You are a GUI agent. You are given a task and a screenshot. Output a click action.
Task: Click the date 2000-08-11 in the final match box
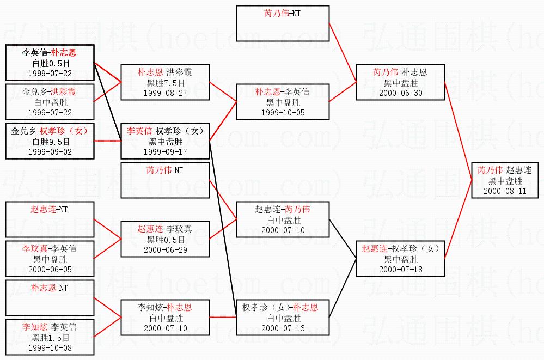click(x=505, y=191)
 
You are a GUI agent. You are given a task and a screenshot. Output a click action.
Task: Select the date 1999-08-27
click(x=165, y=93)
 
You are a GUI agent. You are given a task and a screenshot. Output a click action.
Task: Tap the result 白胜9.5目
click(x=50, y=142)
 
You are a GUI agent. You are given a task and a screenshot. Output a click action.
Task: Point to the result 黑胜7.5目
click(x=165, y=82)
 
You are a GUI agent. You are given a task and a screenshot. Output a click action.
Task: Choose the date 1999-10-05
click(x=283, y=112)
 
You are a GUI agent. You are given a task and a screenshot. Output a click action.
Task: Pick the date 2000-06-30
click(x=400, y=93)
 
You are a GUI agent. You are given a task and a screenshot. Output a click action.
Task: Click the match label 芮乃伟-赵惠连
click(x=505, y=170)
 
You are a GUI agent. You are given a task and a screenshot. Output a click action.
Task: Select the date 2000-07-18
click(x=400, y=269)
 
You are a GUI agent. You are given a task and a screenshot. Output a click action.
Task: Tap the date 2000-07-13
click(x=283, y=328)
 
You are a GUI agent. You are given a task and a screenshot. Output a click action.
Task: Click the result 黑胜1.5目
click(x=50, y=338)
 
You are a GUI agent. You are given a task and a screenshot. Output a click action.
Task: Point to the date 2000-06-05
click(x=50, y=269)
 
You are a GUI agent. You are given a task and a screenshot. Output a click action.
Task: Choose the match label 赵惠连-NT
click(x=50, y=209)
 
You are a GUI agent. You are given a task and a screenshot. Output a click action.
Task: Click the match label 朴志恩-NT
click(x=50, y=287)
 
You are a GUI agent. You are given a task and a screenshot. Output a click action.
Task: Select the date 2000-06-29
click(x=165, y=249)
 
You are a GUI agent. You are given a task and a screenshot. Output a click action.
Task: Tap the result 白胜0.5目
click(x=50, y=63)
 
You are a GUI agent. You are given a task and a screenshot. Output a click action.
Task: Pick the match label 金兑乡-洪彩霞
click(x=50, y=91)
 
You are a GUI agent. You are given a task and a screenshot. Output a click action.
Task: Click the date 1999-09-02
click(x=50, y=152)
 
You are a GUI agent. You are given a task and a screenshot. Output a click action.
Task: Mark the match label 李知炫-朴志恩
click(x=165, y=307)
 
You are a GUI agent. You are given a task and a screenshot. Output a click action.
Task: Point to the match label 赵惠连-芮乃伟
click(x=283, y=209)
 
